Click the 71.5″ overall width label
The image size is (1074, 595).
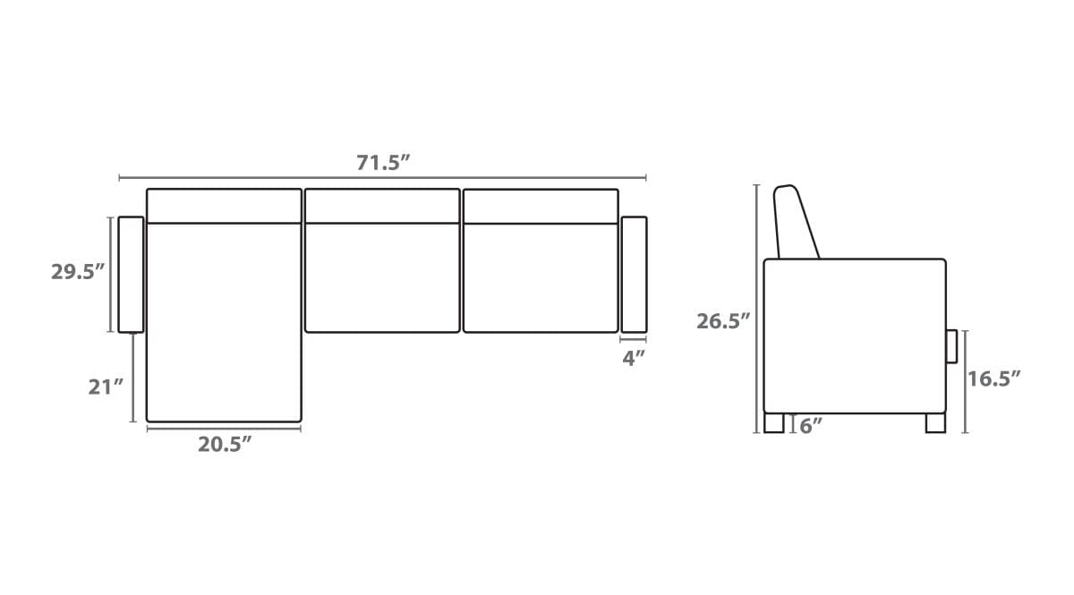click(383, 163)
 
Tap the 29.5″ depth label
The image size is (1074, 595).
click(78, 272)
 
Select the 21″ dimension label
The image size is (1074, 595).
click(106, 387)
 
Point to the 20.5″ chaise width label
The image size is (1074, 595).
click(225, 445)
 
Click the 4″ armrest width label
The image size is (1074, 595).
click(634, 358)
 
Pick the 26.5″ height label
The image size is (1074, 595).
click(723, 321)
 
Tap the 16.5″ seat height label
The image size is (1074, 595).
click(993, 378)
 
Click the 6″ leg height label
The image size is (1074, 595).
click(811, 426)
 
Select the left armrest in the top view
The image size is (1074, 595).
click(131, 275)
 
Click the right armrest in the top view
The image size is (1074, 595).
click(634, 275)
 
